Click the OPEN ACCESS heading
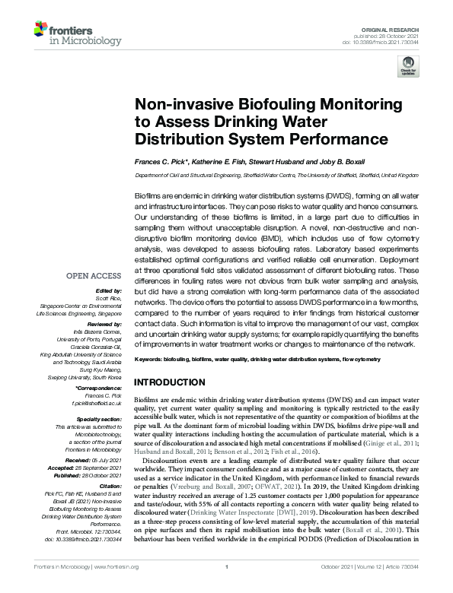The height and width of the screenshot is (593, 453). pos(96,276)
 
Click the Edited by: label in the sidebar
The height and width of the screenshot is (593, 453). pos(111,291)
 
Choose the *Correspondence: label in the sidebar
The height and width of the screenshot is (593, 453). pos(100,388)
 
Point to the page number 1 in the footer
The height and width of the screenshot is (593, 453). pos(227,587)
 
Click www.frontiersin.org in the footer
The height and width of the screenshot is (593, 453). pos(120,587)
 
